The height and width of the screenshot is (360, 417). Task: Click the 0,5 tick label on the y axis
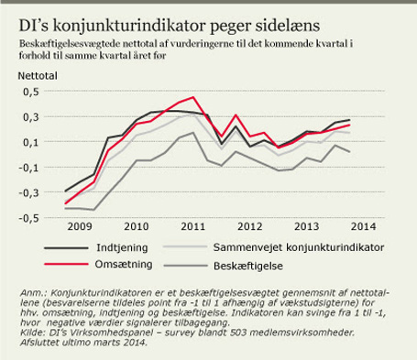[31, 92]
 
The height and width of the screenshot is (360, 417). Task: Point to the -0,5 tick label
[28, 219]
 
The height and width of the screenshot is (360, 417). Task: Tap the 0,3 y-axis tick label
[31, 117]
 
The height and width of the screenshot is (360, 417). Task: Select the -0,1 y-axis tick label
[28, 168]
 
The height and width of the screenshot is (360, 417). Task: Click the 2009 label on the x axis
[80, 226]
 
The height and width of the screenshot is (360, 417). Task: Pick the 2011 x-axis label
[192, 226]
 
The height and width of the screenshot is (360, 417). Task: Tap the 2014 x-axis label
[363, 226]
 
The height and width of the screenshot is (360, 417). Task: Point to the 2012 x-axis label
[250, 226]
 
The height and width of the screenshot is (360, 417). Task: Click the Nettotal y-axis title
[38, 76]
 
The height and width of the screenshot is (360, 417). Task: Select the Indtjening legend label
[122, 247]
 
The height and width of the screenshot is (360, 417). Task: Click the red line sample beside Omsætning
[66, 264]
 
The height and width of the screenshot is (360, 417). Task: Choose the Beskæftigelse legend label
[248, 266]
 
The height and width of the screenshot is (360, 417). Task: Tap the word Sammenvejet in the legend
[247, 247]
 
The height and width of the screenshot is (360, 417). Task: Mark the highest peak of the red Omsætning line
[193, 97]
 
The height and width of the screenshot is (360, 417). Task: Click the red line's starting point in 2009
[65, 203]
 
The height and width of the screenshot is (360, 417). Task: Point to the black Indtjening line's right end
[349, 120]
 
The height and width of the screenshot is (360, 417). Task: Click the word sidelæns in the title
[288, 26]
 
